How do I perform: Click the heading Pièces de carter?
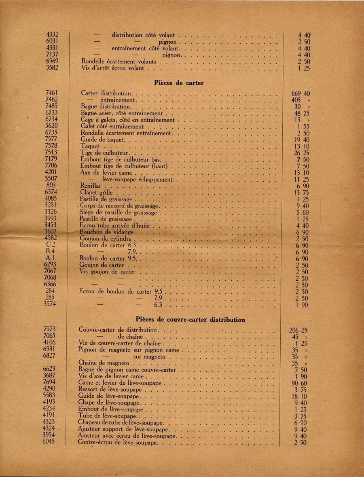point(179,83)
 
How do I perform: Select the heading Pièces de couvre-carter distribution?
point(190,320)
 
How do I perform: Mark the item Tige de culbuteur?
point(104,153)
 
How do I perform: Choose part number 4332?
point(53,35)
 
